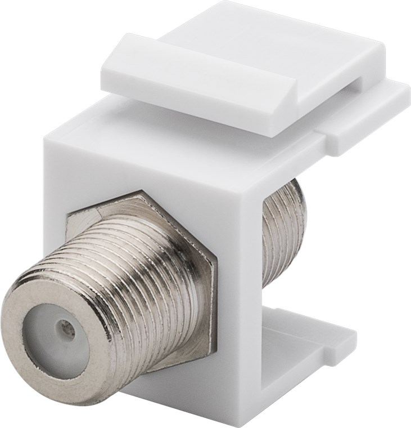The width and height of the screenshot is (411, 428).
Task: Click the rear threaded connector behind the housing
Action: tap(284, 231)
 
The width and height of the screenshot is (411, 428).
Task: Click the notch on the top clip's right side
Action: tap(360, 84)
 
